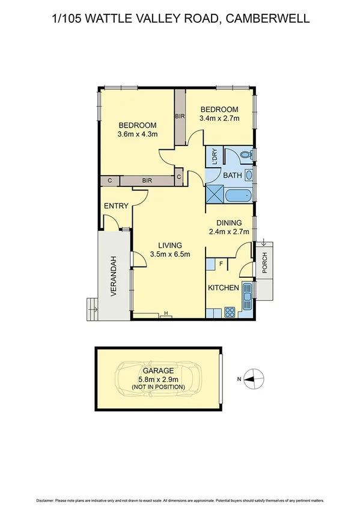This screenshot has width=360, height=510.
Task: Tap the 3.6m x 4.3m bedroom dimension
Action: (x=137, y=134)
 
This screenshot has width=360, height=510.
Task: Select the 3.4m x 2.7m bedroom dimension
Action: (x=219, y=118)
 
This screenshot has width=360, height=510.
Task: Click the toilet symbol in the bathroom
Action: (x=245, y=156)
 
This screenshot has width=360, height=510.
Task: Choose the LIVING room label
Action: (x=170, y=245)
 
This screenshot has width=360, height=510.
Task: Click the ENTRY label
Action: (x=116, y=206)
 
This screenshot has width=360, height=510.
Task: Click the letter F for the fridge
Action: (x=221, y=264)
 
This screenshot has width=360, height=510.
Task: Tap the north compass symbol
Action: (x=254, y=378)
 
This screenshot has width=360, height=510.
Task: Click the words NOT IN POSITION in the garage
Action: (x=158, y=387)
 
